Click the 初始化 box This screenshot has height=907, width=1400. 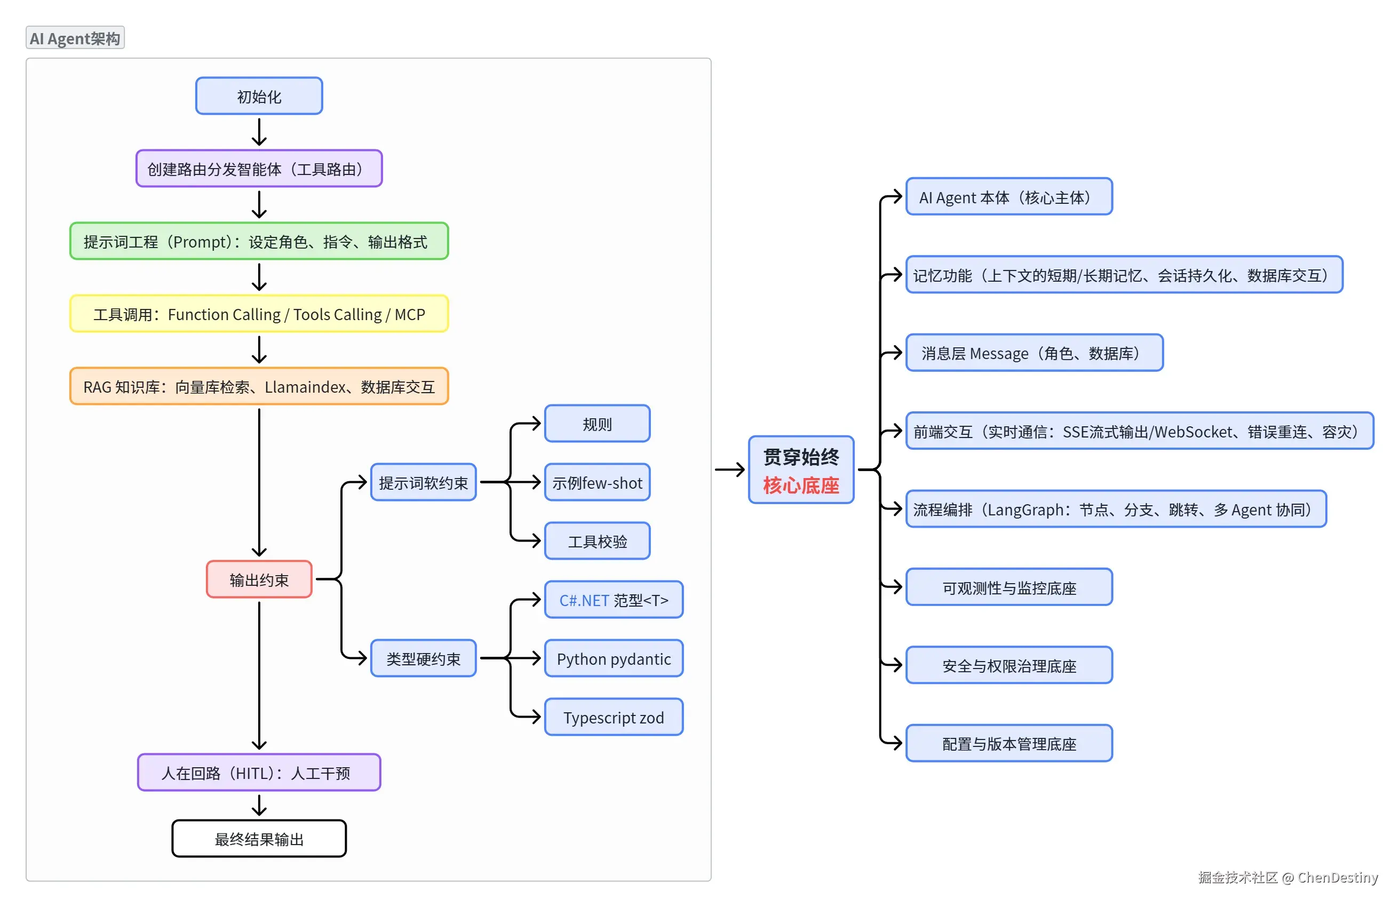(x=259, y=96)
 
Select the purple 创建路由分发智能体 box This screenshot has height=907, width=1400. (x=259, y=169)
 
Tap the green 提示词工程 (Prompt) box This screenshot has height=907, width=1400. (x=259, y=241)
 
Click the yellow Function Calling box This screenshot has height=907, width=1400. (x=259, y=314)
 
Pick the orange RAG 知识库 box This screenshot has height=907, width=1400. (x=259, y=386)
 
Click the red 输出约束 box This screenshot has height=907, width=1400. (x=259, y=579)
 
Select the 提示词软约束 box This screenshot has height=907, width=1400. (x=424, y=482)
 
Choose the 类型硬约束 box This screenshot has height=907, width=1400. (x=424, y=658)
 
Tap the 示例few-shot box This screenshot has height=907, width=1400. (x=597, y=482)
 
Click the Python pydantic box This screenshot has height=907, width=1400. (x=614, y=658)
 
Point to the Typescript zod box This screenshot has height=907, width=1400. (x=614, y=717)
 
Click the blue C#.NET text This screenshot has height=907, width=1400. (x=584, y=600)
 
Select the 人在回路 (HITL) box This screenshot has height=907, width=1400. (x=259, y=773)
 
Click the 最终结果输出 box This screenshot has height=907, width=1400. (x=259, y=839)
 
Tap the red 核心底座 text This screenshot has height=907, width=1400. (x=801, y=486)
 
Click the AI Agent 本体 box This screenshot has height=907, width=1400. (x=1009, y=196)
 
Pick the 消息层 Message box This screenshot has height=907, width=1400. (x=1034, y=353)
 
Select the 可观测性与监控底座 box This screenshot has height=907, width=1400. (x=1009, y=587)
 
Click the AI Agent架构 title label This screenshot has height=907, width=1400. (x=75, y=38)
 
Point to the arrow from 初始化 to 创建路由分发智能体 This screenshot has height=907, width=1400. (x=259, y=132)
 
